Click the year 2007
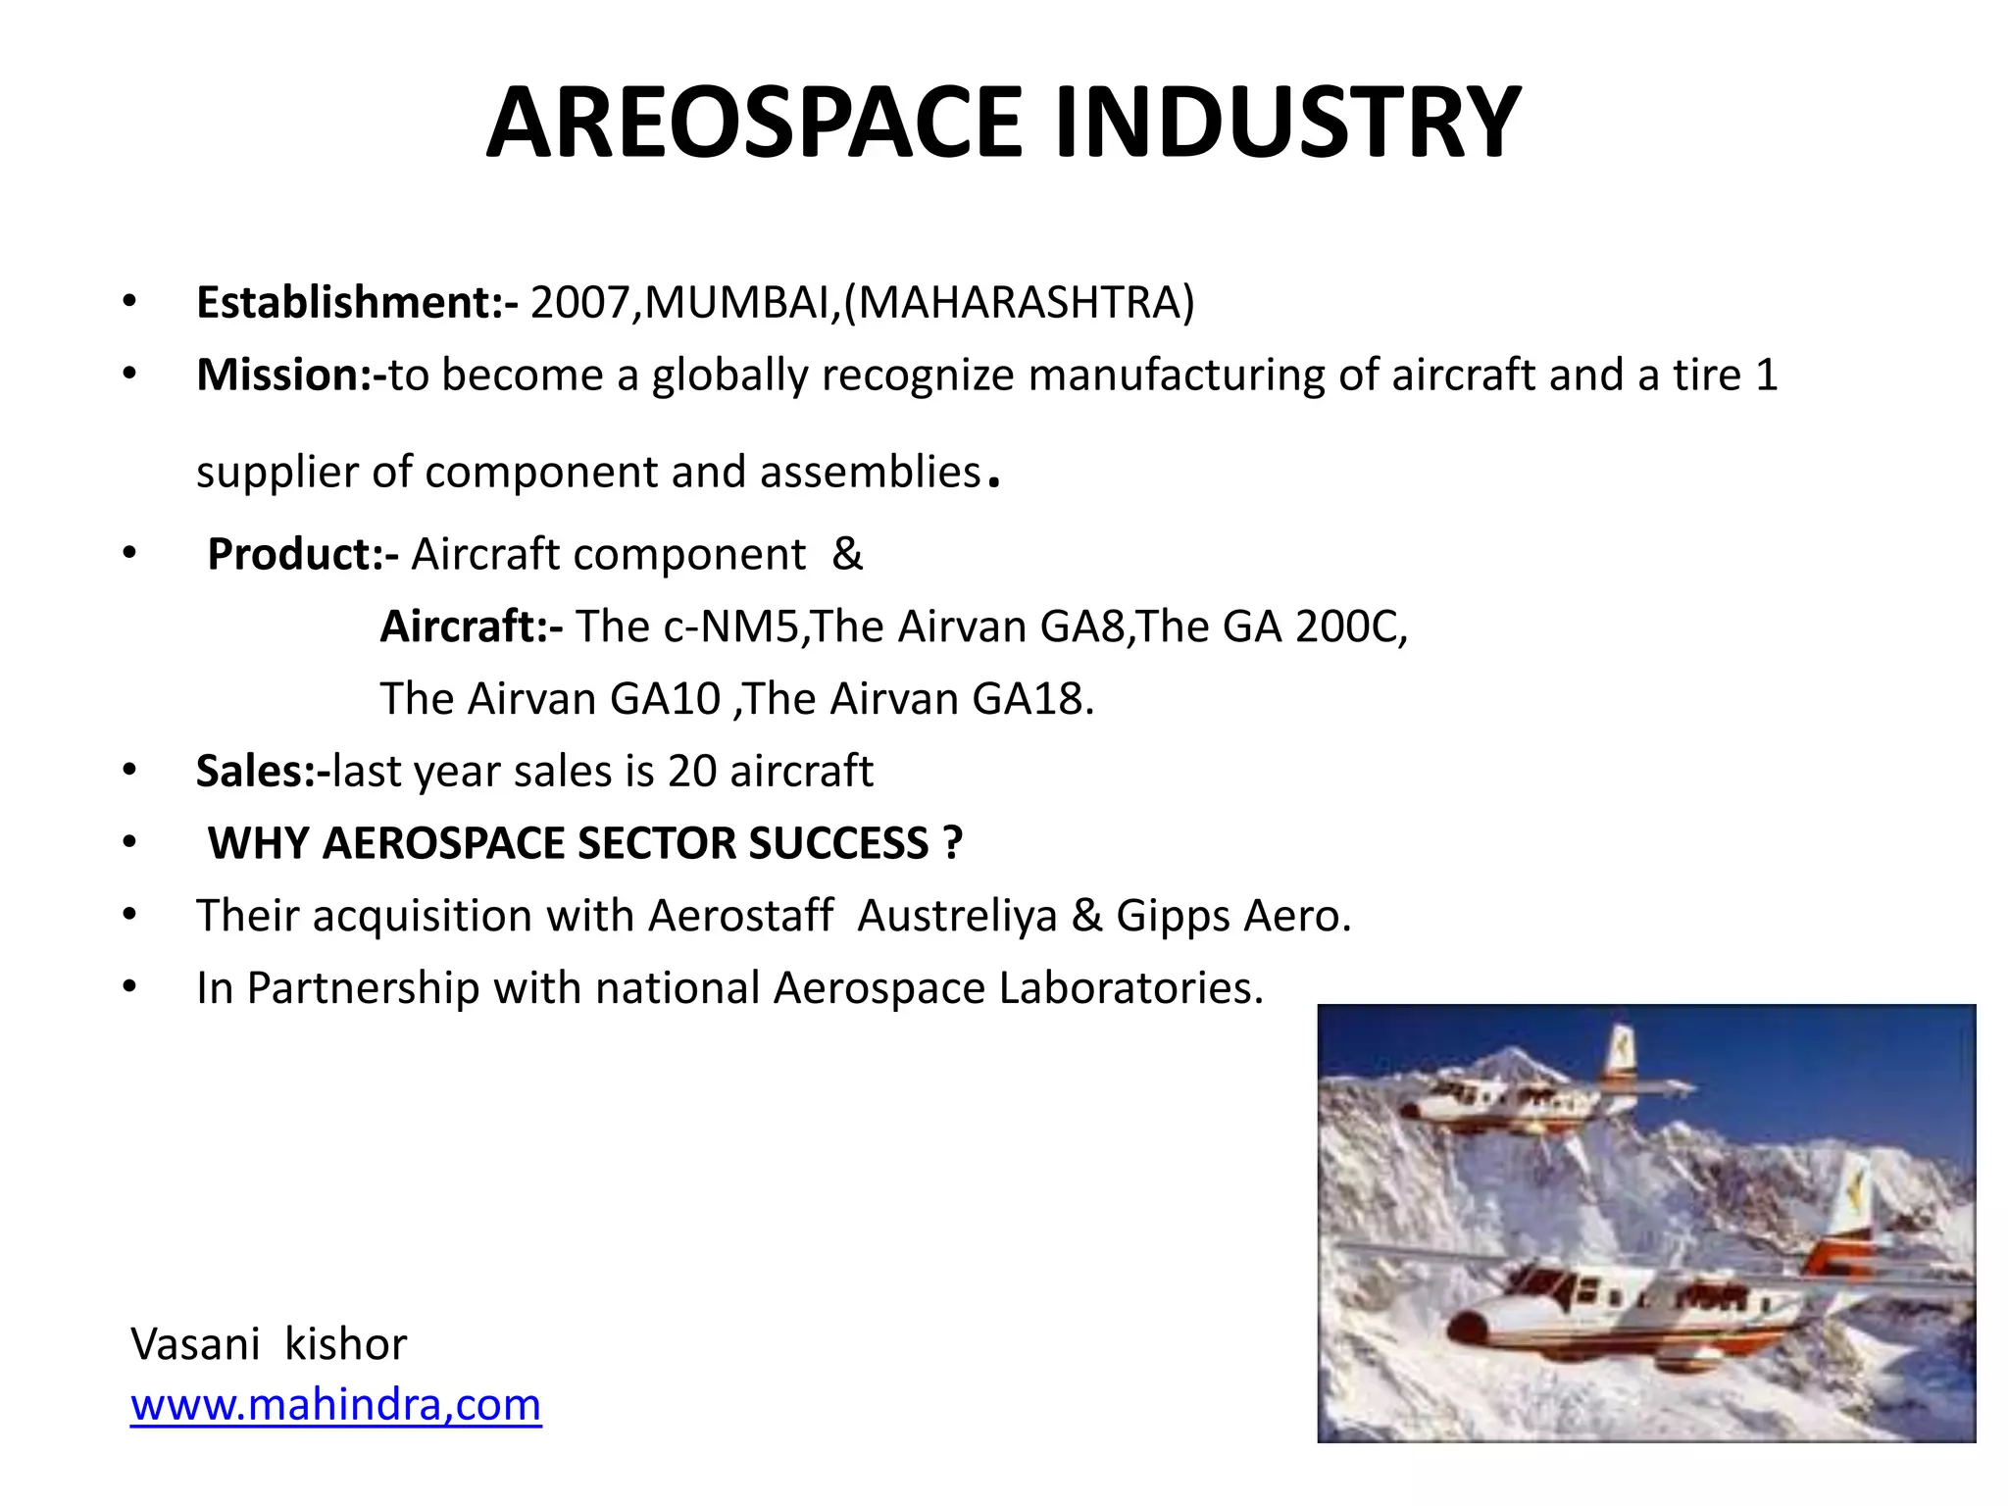[579, 302]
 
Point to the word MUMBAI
[739, 302]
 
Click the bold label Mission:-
[291, 375]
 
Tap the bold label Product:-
[302, 554]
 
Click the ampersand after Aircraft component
[847, 554]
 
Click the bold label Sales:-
[263, 771]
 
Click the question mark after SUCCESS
[952, 843]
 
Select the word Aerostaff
[741, 916]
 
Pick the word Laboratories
[1130, 987]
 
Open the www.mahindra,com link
[335, 1404]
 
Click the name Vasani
[195, 1343]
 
